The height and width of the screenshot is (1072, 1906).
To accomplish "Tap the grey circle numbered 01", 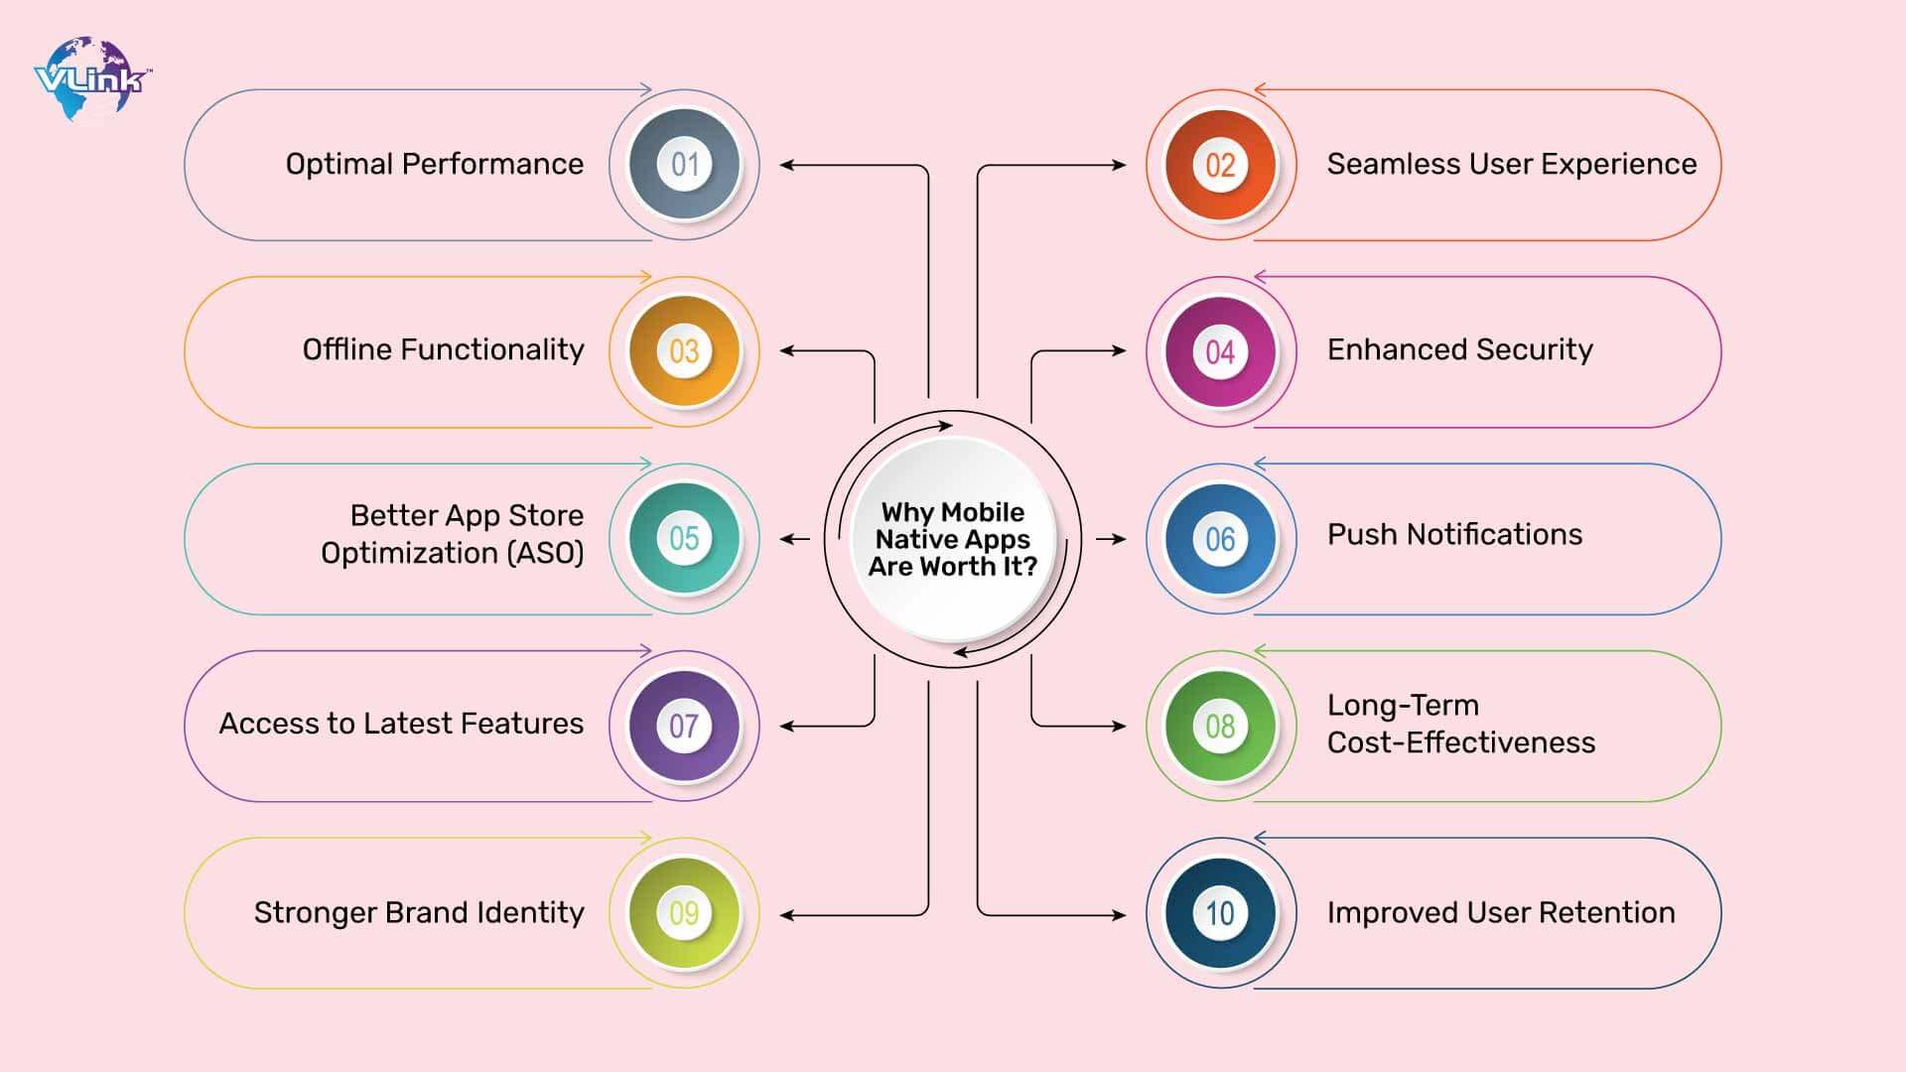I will tap(684, 165).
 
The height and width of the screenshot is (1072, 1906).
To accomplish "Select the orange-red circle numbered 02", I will tap(1220, 165).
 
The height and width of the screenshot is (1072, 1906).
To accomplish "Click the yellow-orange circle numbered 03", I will tap(684, 351).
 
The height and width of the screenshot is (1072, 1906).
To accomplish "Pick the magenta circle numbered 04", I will tap(1220, 351).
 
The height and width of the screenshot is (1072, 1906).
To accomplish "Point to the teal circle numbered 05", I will tap(684, 539).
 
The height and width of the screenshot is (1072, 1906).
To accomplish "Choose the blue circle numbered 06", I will tap(1220, 539).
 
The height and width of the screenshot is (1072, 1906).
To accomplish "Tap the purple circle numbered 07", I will tap(684, 726).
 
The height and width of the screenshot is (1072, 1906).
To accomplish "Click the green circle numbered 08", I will tap(1220, 726).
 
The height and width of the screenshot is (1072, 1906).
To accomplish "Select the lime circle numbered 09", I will tap(684, 913).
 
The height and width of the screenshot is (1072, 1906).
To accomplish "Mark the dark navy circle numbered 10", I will tap(1220, 913).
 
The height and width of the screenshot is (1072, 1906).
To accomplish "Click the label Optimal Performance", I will tap(434, 164).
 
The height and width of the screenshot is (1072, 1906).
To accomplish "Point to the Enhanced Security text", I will tap(1459, 349).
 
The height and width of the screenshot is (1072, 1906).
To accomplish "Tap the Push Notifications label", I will tap(1454, 535).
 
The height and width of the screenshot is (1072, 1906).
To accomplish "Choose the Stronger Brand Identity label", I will tap(418, 912).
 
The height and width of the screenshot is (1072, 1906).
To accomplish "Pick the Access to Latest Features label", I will tap(401, 724).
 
